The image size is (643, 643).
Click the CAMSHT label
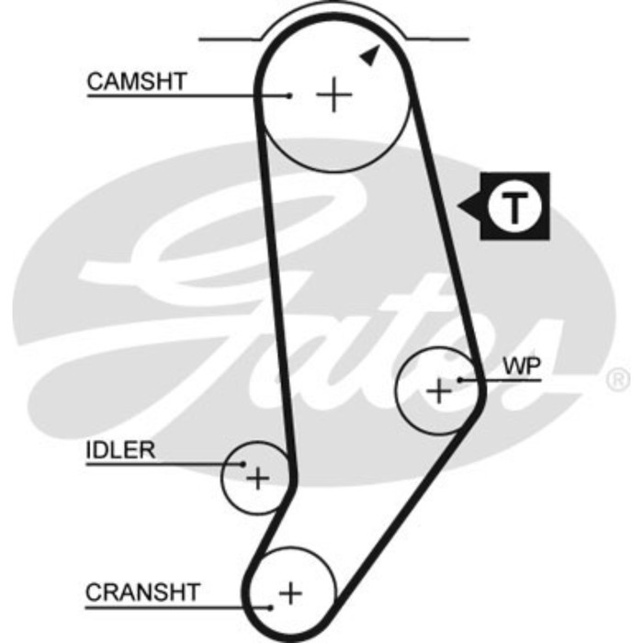136,81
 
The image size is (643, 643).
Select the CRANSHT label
142,592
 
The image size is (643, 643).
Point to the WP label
521,365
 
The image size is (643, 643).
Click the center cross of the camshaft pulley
333,95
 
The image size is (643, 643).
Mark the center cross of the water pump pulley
440,391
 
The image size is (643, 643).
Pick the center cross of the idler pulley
258,478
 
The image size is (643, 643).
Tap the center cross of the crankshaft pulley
290,592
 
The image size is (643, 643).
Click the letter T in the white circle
515,207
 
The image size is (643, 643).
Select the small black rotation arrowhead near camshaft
368,56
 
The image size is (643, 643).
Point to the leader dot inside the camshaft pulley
288,95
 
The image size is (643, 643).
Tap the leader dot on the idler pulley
243,465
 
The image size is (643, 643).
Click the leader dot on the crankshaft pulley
271,607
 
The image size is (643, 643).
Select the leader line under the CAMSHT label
184,95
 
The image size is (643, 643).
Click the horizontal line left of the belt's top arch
230,39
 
